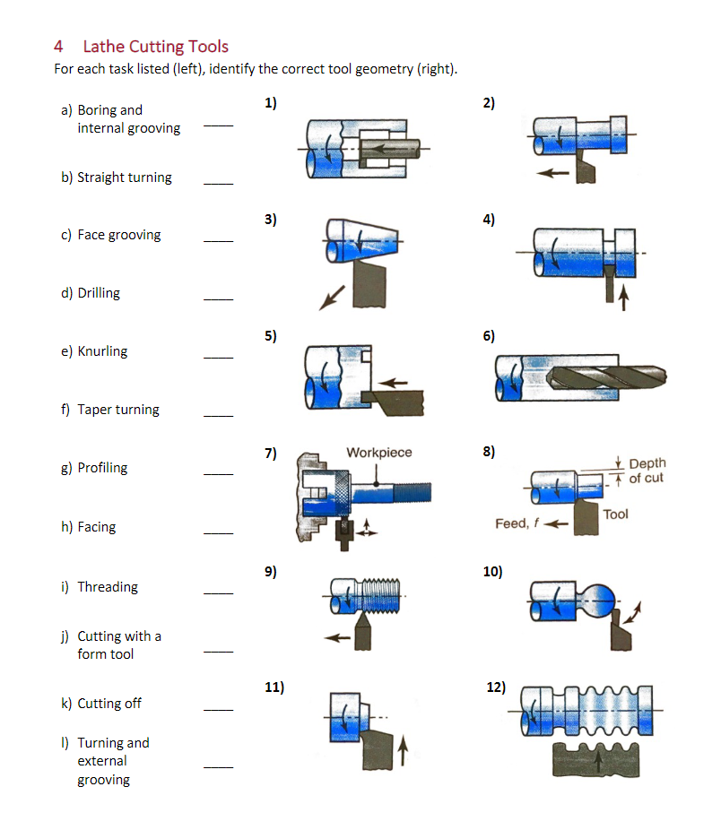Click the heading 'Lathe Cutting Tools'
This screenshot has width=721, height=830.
pyautogui.click(x=155, y=47)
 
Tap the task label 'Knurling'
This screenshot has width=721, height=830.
pyautogui.click(x=102, y=351)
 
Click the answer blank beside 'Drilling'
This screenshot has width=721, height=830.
pyautogui.click(x=218, y=299)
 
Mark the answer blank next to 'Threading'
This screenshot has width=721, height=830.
pyautogui.click(x=218, y=593)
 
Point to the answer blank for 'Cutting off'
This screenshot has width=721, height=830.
pyautogui.click(x=218, y=710)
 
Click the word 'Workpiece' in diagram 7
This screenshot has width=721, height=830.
pyautogui.click(x=379, y=453)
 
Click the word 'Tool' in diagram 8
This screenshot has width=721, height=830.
pyautogui.click(x=616, y=514)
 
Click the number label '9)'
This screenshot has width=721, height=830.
pyautogui.click(x=271, y=571)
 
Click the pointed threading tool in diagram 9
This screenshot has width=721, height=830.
pyautogui.click(x=364, y=631)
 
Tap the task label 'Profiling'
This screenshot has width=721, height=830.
pyautogui.click(x=102, y=468)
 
